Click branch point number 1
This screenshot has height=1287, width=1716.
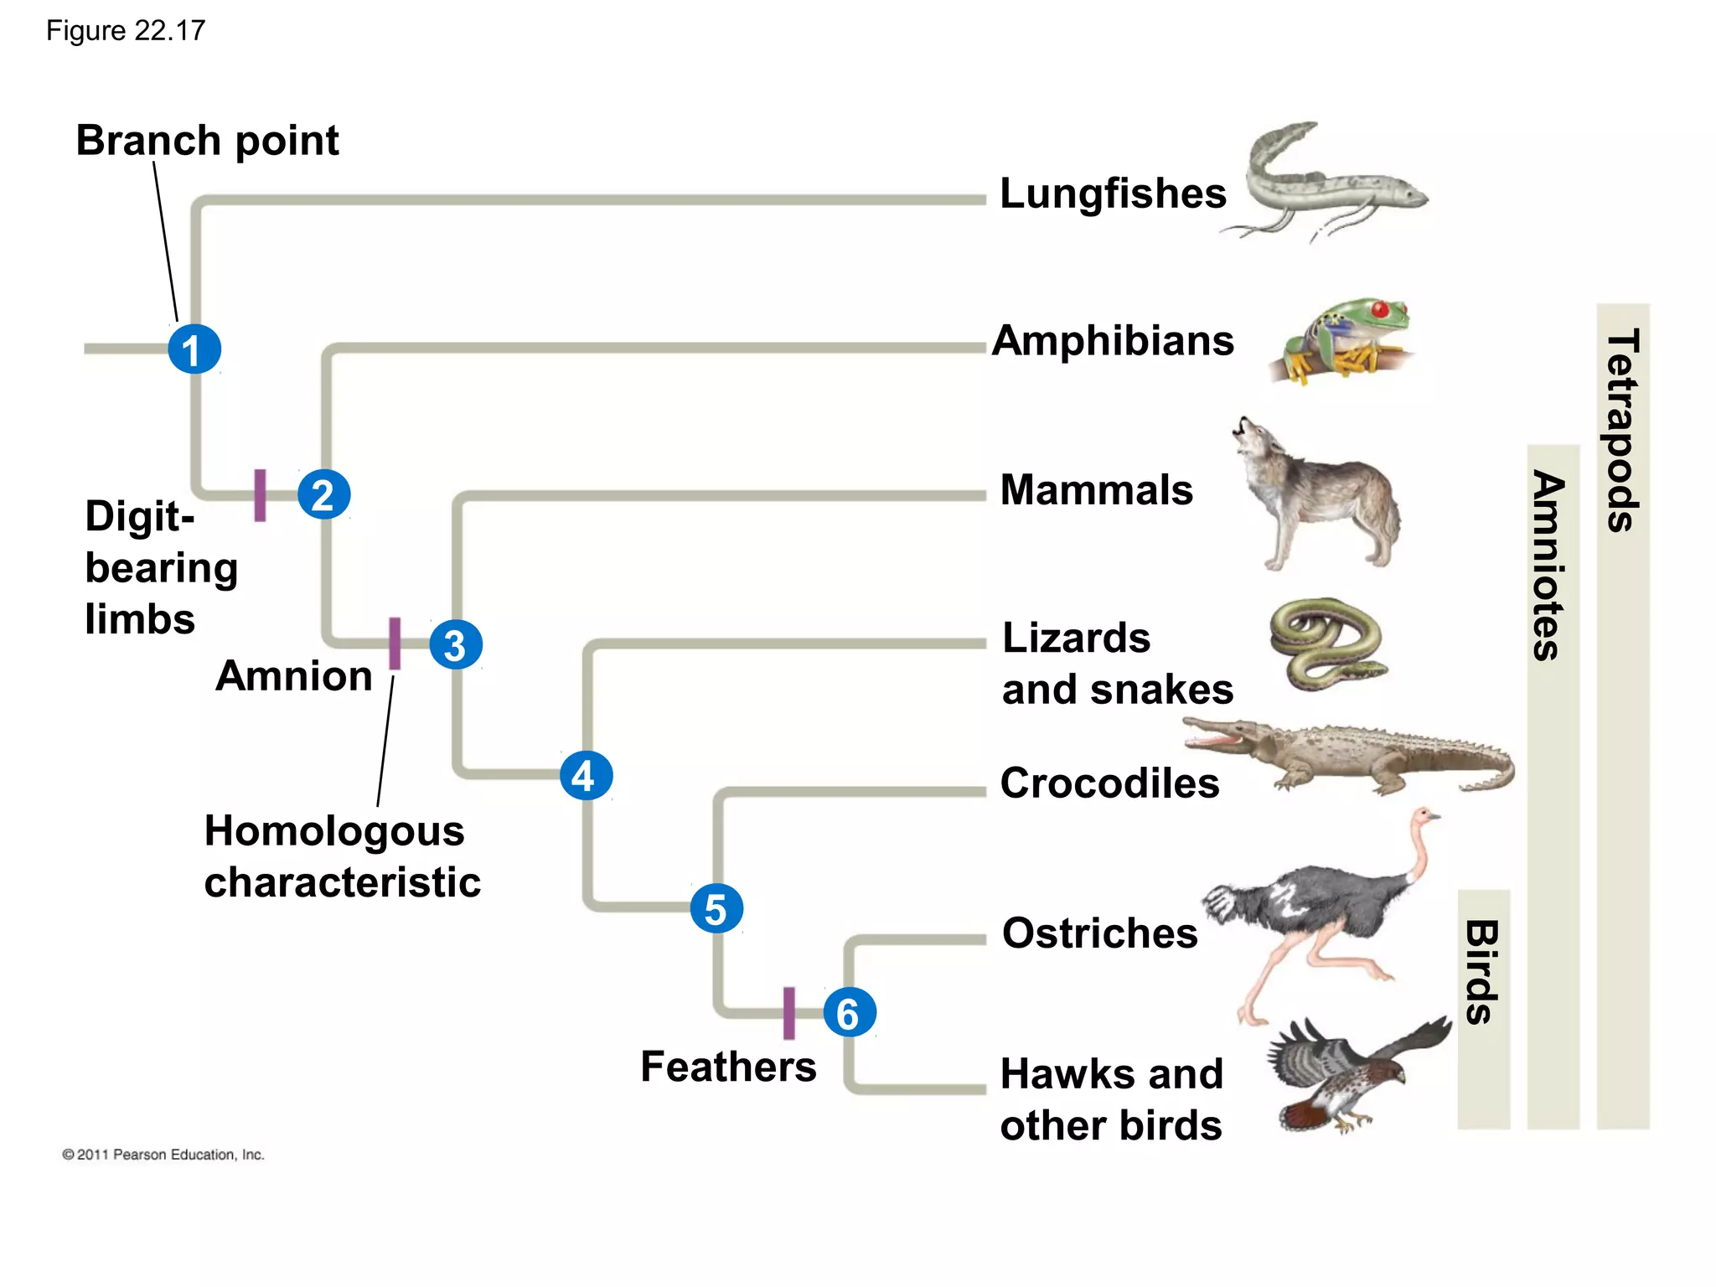194,349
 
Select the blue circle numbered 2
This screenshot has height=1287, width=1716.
323,494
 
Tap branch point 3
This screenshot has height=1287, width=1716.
455,644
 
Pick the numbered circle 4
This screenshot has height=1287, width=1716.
586,775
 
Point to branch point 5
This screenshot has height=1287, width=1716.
716,908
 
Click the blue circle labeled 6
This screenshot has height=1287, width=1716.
849,1013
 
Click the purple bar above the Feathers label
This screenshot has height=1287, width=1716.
788,1013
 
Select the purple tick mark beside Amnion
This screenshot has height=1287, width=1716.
395,643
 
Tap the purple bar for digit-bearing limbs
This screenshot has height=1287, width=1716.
260,495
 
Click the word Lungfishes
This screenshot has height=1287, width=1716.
1113,194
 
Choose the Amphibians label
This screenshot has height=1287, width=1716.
1113,341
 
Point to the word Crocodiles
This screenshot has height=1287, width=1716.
1109,783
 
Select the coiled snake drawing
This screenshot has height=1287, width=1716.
1326,643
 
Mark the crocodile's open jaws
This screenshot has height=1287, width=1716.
1215,734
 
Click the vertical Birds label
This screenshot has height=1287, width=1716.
1482,972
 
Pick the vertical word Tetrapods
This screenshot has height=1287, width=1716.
1623,430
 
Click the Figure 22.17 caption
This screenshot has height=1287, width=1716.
126,31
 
